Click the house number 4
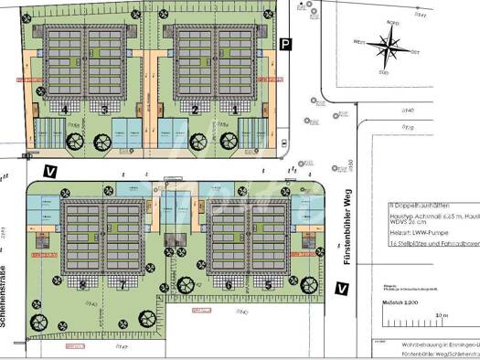click(65, 109)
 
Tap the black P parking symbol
click(285, 44)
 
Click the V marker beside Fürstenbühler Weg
click(341, 290)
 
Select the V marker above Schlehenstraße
click(50, 171)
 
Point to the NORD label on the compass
click(392, 25)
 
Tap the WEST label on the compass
click(359, 40)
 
